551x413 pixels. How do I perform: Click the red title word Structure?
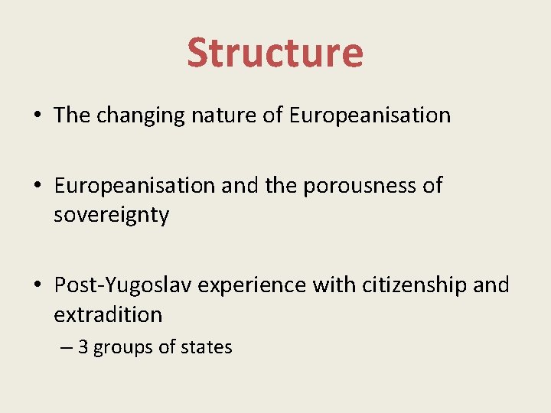(275, 53)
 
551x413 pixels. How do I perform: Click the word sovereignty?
(111, 215)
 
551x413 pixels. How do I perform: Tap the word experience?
(250, 285)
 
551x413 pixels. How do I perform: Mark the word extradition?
(108, 314)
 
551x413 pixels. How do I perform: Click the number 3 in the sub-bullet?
(83, 347)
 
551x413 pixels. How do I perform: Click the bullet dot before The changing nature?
(37, 116)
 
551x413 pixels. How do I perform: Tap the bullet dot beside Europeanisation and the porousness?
(37, 186)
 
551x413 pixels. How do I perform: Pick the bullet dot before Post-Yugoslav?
(37, 286)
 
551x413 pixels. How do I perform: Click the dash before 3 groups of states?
(67, 348)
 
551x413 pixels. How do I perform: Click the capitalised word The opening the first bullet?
(72, 115)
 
